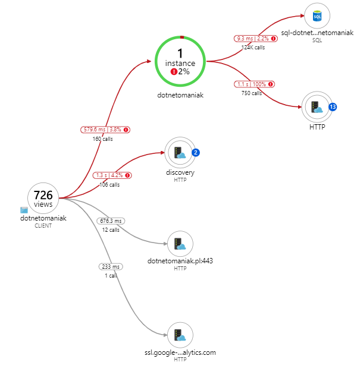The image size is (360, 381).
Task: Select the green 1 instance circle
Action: click(x=180, y=61)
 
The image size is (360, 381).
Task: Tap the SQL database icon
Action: click(x=317, y=16)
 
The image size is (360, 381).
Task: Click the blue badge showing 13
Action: click(x=333, y=107)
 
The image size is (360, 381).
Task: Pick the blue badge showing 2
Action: click(x=196, y=153)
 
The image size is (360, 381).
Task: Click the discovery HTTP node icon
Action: click(x=180, y=153)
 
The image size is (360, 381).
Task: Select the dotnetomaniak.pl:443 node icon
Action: click(x=180, y=243)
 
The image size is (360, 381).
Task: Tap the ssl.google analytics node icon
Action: click(x=180, y=335)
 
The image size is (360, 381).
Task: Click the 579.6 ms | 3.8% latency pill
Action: click(x=105, y=130)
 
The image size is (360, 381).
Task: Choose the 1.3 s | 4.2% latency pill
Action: click(x=112, y=175)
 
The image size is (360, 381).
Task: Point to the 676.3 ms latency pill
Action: click(x=111, y=221)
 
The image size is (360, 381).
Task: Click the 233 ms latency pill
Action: click(x=111, y=267)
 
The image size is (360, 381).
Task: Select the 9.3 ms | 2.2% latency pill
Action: click(x=256, y=39)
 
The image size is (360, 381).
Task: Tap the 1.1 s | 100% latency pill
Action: click(x=254, y=84)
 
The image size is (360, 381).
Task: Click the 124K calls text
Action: click(x=253, y=48)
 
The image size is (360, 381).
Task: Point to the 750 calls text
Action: click(x=251, y=93)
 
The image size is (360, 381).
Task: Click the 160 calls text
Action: click(x=102, y=139)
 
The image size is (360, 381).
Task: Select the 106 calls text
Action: click(x=109, y=185)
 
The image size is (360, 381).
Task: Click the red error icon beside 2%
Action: click(x=174, y=71)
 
